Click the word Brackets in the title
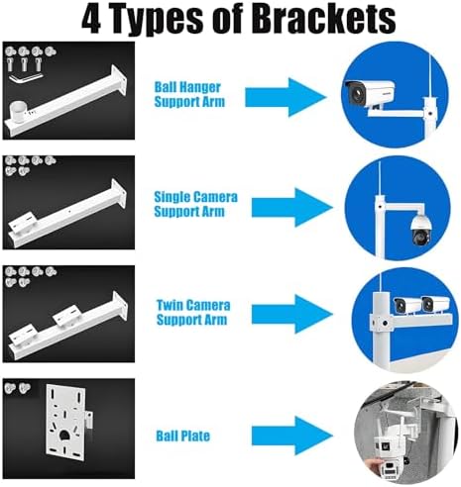point(325,18)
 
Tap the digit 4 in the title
point(91,19)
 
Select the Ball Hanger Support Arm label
point(189,94)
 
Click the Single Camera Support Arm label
point(195,204)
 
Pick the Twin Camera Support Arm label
point(193,313)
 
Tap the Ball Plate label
point(182,436)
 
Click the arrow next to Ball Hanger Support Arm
point(286,97)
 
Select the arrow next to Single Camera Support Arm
point(292,208)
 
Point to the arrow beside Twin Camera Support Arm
point(292,314)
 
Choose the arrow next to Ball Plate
point(292,437)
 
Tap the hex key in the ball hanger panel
point(25,78)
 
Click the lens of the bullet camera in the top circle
point(356,94)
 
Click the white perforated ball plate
point(66,424)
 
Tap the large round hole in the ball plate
point(63,436)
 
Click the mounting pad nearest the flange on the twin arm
point(67,315)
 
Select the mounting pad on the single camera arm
point(23,224)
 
